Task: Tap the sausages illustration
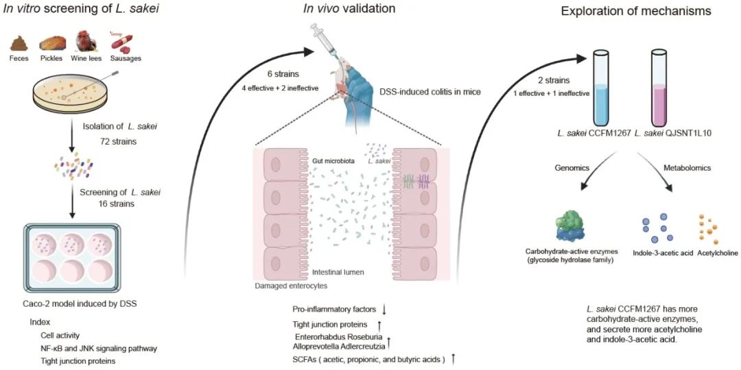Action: [x=123, y=42]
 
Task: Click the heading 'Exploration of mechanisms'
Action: [x=635, y=12]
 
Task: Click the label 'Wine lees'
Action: [x=87, y=59]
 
